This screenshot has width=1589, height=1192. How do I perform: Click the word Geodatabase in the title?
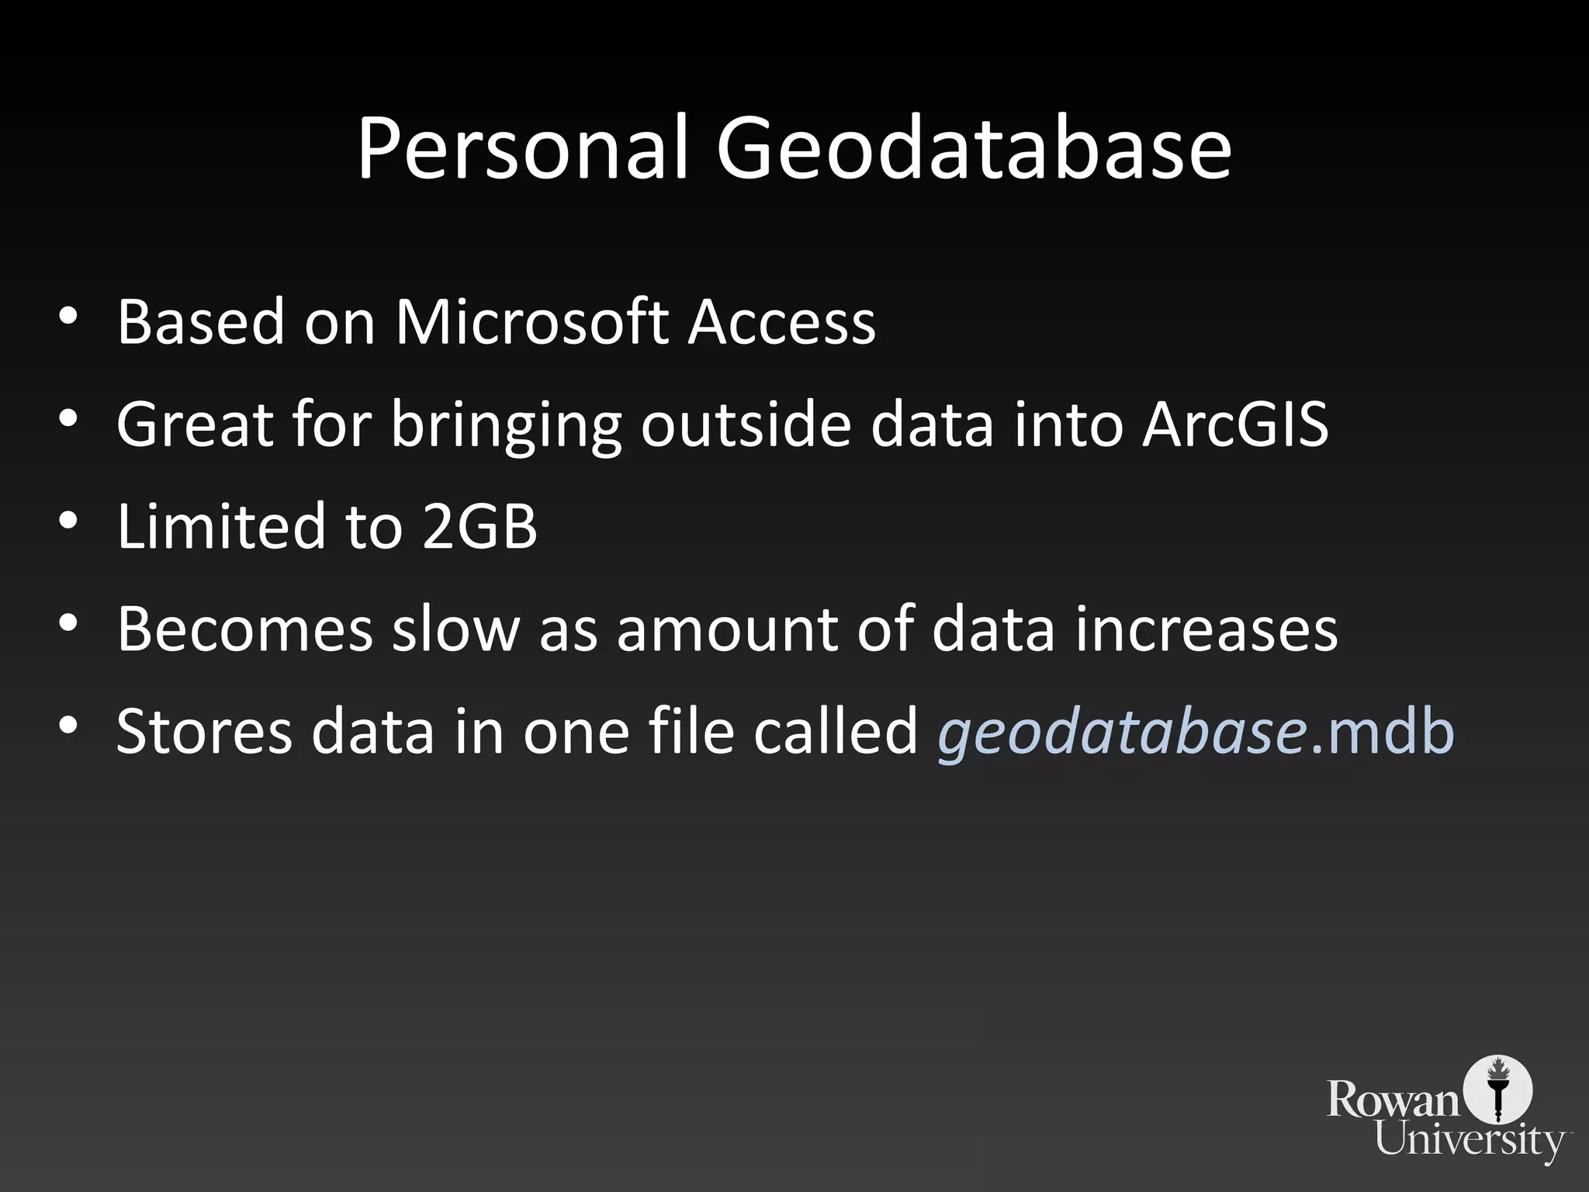click(973, 149)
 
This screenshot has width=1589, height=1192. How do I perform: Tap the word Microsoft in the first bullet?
click(531, 321)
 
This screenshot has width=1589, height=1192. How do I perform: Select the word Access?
click(782, 321)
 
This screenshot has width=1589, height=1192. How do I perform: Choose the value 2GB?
click(479, 526)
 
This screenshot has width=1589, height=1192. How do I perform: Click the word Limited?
click(220, 526)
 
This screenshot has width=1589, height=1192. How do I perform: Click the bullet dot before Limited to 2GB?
click(68, 521)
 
